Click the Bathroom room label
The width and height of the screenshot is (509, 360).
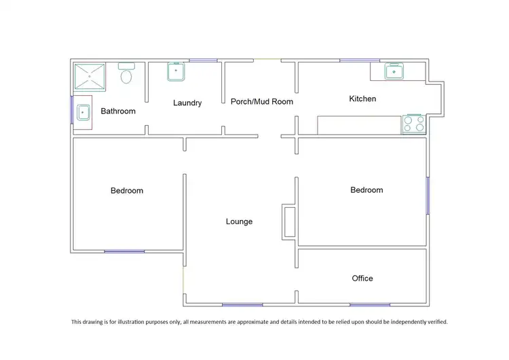coord(118,111)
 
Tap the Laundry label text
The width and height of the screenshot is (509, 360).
coord(187,103)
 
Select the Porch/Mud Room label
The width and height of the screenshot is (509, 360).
coord(262,102)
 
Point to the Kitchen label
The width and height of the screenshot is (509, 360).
coord(362,99)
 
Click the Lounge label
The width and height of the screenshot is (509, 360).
coord(239,221)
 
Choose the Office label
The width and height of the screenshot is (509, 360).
coord(362,278)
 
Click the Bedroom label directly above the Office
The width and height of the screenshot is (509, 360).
coord(366,190)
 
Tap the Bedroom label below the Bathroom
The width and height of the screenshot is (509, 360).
coord(127,191)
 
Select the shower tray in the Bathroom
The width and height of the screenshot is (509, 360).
coord(90,77)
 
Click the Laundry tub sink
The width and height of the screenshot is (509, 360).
coord(177,71)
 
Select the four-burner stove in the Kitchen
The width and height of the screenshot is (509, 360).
coord(414,124)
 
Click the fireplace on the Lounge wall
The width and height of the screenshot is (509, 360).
coord(288,221)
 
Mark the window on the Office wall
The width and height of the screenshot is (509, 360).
coord(370,305)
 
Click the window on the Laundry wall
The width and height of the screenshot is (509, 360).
coord(203,60)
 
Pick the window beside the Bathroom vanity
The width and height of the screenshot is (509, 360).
coord(72,109)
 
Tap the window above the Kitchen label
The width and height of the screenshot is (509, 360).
coord(360,60)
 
